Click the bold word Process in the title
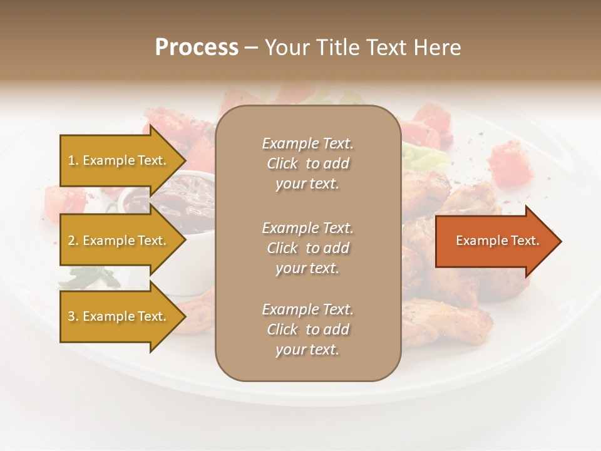pyautogui.click(x=197, y=48)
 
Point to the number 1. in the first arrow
pyautogui.click(x=73, y=160)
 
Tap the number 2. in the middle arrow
pyautogui.click(x=73, y=241)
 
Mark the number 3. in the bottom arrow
pyautogui.click(x=73, y=316)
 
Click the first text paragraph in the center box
pyautogui.click(x=307, y=163)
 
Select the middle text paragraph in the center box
pyautogui.click(x=307, y=248)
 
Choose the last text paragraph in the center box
pyautogui.click(x=307, y=329)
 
